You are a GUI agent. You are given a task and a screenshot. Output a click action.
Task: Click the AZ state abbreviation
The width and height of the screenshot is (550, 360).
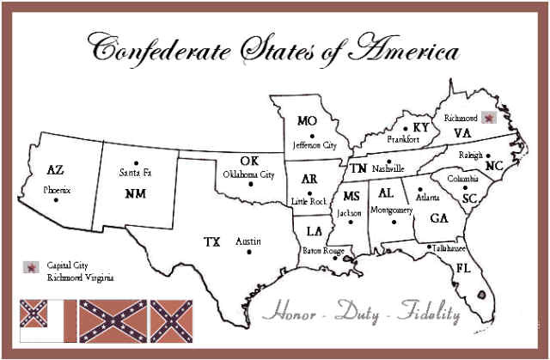(x=55, y=169)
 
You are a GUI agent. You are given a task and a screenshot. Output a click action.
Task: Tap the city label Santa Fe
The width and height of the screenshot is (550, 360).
(x=135, y=174)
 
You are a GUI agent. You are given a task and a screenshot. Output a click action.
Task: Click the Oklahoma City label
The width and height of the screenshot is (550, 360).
(x=248, y=174)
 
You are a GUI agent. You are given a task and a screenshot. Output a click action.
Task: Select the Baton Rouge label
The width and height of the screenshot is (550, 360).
(x=322, y=250)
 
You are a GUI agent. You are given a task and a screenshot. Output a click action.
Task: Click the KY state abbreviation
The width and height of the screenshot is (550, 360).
(x=420, y=127)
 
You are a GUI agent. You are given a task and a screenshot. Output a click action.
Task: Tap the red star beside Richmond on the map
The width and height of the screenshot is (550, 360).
(x=489, y=118)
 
